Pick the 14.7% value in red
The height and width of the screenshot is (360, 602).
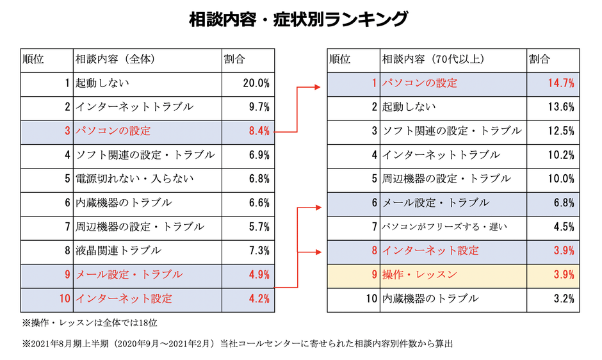[x=561, y=83]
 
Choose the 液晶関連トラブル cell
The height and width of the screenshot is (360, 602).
[x=118, y=250]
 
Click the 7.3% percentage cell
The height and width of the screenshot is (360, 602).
[x=259, y=250]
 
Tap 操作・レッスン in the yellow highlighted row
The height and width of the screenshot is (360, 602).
[x=419, y=274]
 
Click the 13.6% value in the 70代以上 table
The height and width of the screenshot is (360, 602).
[x=561, y=107]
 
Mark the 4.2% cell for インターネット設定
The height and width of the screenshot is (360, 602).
[x=259, y=299]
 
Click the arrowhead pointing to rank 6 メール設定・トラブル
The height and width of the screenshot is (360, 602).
[x=317, y=206]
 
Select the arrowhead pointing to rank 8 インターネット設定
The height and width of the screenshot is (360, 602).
[x=317, y=250]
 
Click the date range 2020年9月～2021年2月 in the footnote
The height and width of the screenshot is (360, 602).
[x=163, y=343]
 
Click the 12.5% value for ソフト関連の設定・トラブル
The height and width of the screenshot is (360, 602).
[x=561, y=131]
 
